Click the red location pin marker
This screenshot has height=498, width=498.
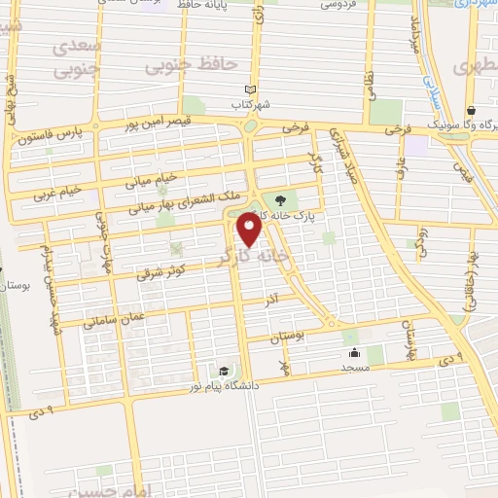251,230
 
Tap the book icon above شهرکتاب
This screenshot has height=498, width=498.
251,89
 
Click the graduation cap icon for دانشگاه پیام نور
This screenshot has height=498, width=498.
225,371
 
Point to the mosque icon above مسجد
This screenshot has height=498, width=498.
352,353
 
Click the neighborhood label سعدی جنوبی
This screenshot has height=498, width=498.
76,58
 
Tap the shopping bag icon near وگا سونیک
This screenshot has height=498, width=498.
471,110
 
